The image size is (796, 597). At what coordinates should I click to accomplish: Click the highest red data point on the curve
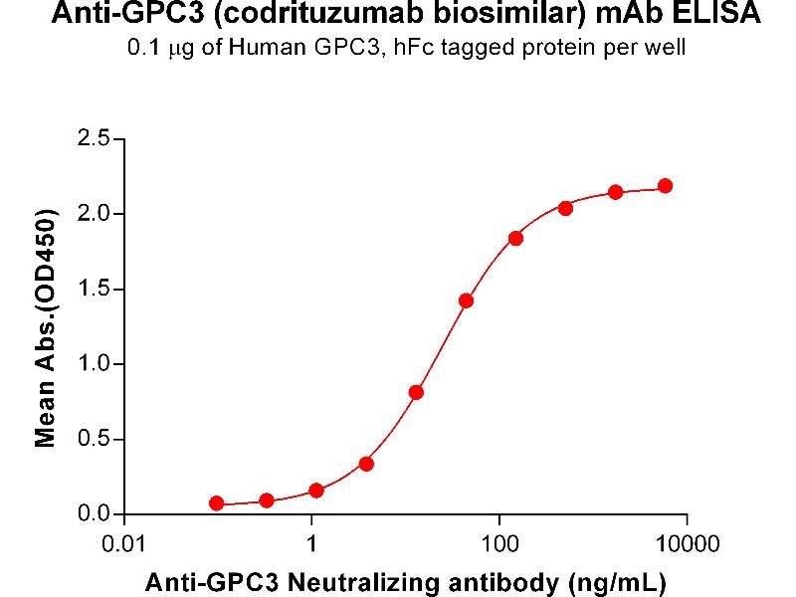[665, 186]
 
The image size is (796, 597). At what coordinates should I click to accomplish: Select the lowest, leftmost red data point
[217, 503]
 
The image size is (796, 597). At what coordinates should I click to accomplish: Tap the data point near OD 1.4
[466, 300]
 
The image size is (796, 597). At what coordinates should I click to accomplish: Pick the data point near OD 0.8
[416, 392]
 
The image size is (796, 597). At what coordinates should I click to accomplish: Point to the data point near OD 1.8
[515, 238]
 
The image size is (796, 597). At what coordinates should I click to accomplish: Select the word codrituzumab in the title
[298, 15]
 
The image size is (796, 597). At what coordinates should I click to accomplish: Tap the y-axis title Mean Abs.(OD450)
[45, 327]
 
